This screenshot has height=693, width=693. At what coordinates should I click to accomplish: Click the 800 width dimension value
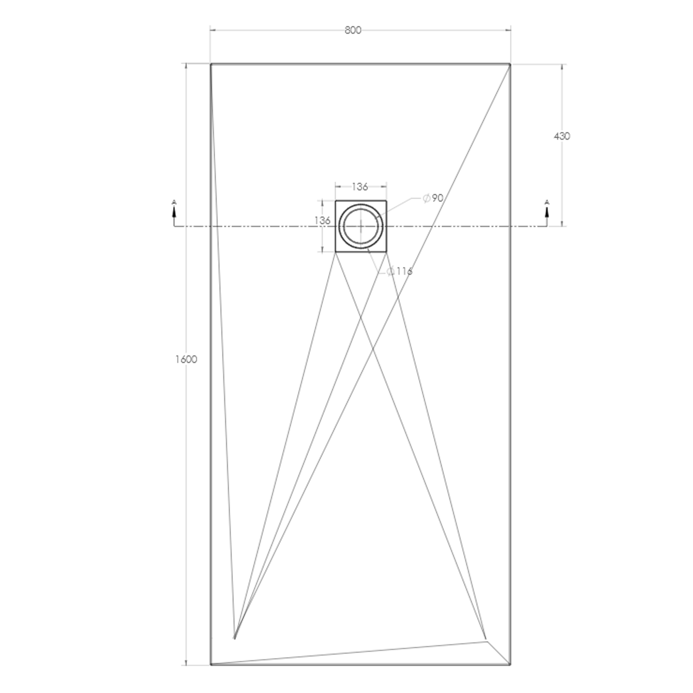tap(353, 30)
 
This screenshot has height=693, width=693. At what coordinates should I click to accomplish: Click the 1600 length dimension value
tap(186, 359)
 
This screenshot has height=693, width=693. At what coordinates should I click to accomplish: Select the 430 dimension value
tap(562, 136)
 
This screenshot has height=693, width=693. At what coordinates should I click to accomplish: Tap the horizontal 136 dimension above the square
tap(360, 187)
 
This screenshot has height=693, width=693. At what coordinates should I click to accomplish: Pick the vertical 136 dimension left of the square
tap(322, 221)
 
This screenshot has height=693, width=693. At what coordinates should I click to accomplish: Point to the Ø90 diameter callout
tap(433, 198)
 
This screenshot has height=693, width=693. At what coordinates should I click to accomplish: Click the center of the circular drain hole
tap(361, 226)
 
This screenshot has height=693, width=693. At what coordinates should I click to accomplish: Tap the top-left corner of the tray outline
tap(211, 64)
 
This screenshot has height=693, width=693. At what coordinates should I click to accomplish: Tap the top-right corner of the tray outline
tap(511, 64)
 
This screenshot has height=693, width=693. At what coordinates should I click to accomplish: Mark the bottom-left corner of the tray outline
tap(211, 665)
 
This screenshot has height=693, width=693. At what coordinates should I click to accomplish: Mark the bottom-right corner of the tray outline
tap(511, 665)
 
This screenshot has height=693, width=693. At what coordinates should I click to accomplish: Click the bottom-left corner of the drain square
tap(335, 252)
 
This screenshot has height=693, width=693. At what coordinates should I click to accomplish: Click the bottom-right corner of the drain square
tap(387, 252)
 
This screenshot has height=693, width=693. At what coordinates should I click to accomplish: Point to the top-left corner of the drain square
tap(335, 201)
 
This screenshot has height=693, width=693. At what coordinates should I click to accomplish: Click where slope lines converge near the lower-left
tap(235, 638)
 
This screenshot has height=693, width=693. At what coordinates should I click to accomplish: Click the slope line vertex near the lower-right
tap(486, 641)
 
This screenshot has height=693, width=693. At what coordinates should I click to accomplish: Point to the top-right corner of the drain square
tap(387, 201)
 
